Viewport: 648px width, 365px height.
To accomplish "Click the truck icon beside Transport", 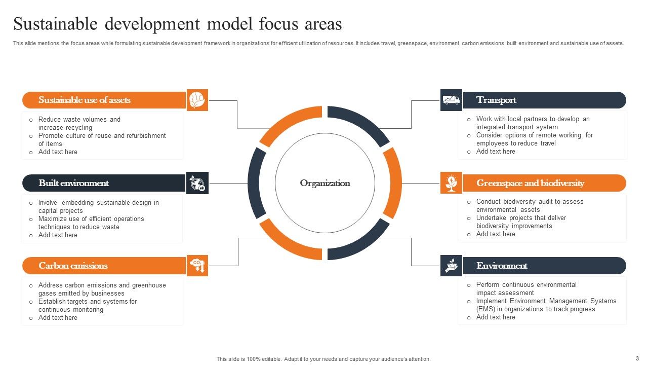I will click(x=451, y=100).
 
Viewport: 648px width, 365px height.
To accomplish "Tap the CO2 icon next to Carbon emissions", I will click(x=197, y=266).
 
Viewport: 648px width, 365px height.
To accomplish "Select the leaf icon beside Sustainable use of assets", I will click(x=197, y=100).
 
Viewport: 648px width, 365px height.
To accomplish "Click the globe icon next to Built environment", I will click(x=197, y=183).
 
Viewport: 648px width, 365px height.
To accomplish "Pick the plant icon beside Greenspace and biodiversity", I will click(x=451, y=183).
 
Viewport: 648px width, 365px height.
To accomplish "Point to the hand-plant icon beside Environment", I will click(x=451, y=266).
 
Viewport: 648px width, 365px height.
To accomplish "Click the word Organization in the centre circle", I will click(x=325, y=183).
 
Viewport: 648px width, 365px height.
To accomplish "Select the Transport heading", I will click(x=496, y=100).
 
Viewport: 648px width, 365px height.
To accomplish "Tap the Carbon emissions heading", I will click(x=73, y=266).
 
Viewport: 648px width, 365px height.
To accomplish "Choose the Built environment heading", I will click(x=73, y=183).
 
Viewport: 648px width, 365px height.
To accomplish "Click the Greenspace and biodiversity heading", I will click(x=530, y=183).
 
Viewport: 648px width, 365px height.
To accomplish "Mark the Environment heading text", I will click(x=502, y=266).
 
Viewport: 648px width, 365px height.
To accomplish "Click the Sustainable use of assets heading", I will click(x=84, y=100).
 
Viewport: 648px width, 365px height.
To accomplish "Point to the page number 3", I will click(x=637, y=358).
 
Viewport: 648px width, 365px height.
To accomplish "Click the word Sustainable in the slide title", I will click(x=56, y=24).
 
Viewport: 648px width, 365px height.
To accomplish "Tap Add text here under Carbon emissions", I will click(x=58, y=318).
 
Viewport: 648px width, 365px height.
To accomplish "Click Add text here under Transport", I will click(x=496, y=152).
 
